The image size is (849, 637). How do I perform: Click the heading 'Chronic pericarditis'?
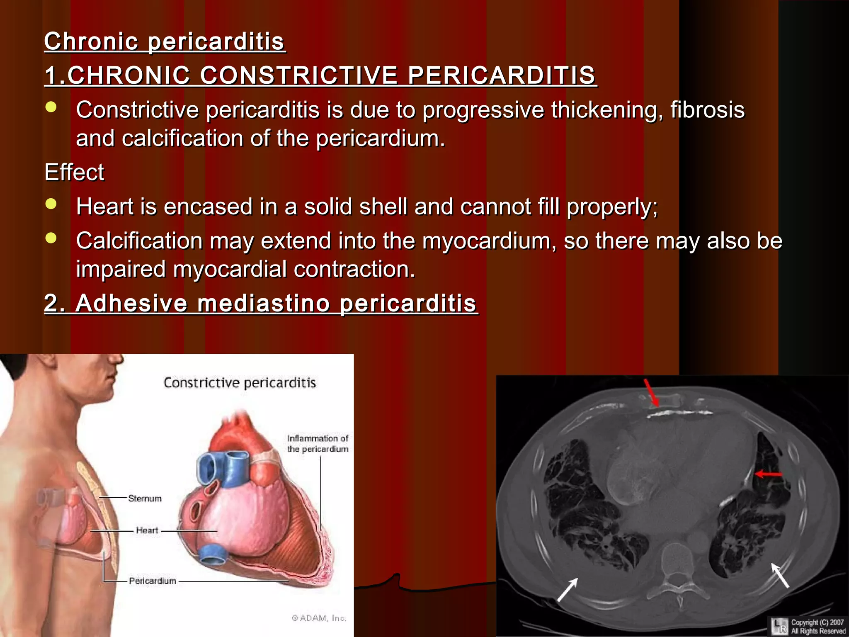tap(165, 41)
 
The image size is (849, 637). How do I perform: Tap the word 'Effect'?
tap(74, 172)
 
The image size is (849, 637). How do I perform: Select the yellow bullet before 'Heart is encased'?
tap(51, 204)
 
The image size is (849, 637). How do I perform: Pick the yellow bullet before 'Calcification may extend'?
tap(51, 238)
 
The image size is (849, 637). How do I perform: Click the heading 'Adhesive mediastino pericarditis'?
tap(261, 303)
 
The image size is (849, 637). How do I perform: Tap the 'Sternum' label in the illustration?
tap(145, 498)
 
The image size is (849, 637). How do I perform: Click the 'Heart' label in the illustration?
tap(147, 530)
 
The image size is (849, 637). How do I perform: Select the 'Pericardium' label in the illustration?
tap(153, 581)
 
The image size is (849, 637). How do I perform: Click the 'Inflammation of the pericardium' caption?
tap(318, 444)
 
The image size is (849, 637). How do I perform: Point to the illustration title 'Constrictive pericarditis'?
tap(240, 382)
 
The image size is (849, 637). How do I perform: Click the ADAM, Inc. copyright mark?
tap(319, 618)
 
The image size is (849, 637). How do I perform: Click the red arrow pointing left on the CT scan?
tap(768, 474)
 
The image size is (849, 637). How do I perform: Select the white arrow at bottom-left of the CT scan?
tap(567, 589)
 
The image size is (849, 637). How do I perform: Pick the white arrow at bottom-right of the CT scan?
tap(779, 575)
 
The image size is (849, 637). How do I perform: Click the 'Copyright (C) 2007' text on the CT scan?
tap(817, 622)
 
